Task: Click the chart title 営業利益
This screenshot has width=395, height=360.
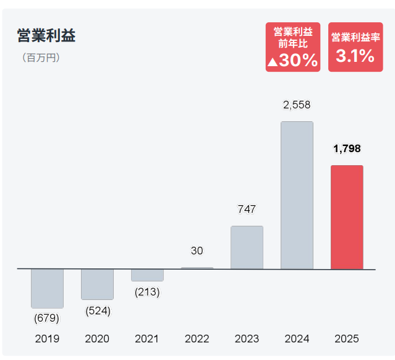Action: coord(46,36)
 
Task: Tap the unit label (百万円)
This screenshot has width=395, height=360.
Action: coord(41,59)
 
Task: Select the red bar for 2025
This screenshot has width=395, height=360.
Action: coord(347,217)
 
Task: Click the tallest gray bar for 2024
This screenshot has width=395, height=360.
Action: coord(297,195)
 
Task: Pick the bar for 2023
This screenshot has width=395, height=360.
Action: coord(247,247)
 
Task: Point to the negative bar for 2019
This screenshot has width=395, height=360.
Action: coord(47,288)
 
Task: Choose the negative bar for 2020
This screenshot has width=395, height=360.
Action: coord(97,284)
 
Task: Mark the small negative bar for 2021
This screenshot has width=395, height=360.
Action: coord(147,275)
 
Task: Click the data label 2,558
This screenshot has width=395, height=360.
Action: coord(297,105)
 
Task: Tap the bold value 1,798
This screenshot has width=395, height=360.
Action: coord(347,149)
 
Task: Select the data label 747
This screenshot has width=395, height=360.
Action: coord(247,210)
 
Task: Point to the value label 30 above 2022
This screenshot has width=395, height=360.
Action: coord(197,251)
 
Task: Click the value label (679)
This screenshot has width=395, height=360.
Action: coord(47,319)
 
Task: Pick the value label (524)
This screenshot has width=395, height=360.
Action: coord(98,311)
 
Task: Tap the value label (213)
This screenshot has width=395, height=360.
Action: coord(147,292)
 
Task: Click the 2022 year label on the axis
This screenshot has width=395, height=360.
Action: coord(197,339)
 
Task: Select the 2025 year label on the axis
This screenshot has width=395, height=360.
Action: coord(347,339)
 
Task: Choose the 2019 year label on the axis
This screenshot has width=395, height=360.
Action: coord(47,339)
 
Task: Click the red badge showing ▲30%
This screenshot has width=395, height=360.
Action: coord(293,47)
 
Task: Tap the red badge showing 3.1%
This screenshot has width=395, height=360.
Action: coord(355,47)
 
